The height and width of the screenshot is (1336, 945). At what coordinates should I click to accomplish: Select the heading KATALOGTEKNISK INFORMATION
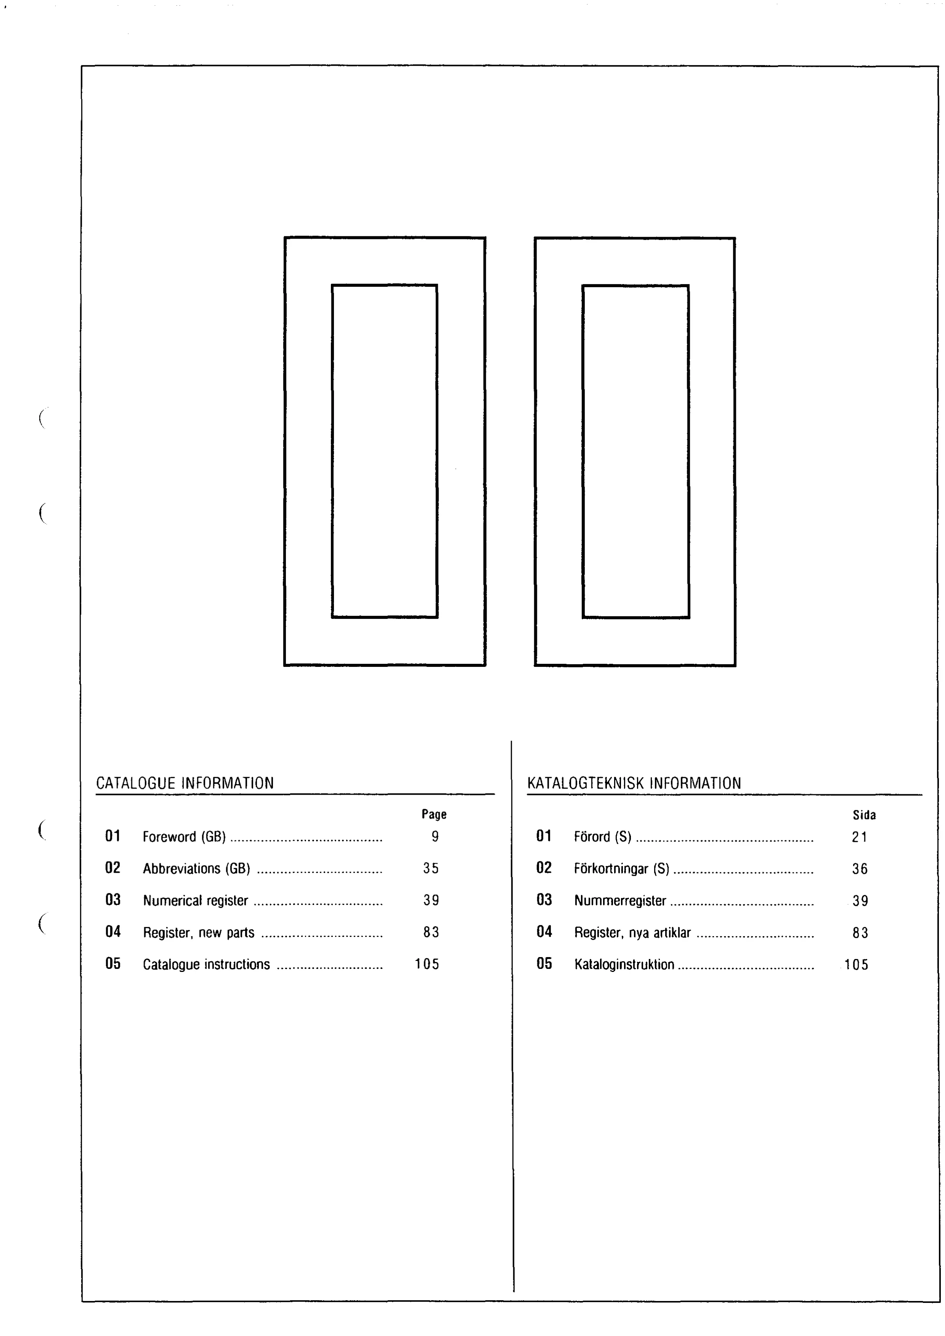634,783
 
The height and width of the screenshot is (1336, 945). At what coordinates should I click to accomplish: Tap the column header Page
434,814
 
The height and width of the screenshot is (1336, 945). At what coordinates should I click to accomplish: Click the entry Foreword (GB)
184,837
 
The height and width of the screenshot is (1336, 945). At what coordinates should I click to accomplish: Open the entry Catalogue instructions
207,964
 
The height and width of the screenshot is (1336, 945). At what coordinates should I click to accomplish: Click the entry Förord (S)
603,837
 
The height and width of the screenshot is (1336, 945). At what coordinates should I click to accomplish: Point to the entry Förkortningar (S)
622,869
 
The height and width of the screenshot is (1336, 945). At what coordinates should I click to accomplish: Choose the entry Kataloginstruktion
624,964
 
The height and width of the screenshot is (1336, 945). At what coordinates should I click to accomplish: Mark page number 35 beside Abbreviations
431,868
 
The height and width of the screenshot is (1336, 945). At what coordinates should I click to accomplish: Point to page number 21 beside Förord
859,837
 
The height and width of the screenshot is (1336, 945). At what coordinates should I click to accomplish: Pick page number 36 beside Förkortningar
860,869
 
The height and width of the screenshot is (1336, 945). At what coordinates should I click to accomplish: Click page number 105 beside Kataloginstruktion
857,965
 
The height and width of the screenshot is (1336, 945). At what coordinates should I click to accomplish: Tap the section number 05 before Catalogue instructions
113,964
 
